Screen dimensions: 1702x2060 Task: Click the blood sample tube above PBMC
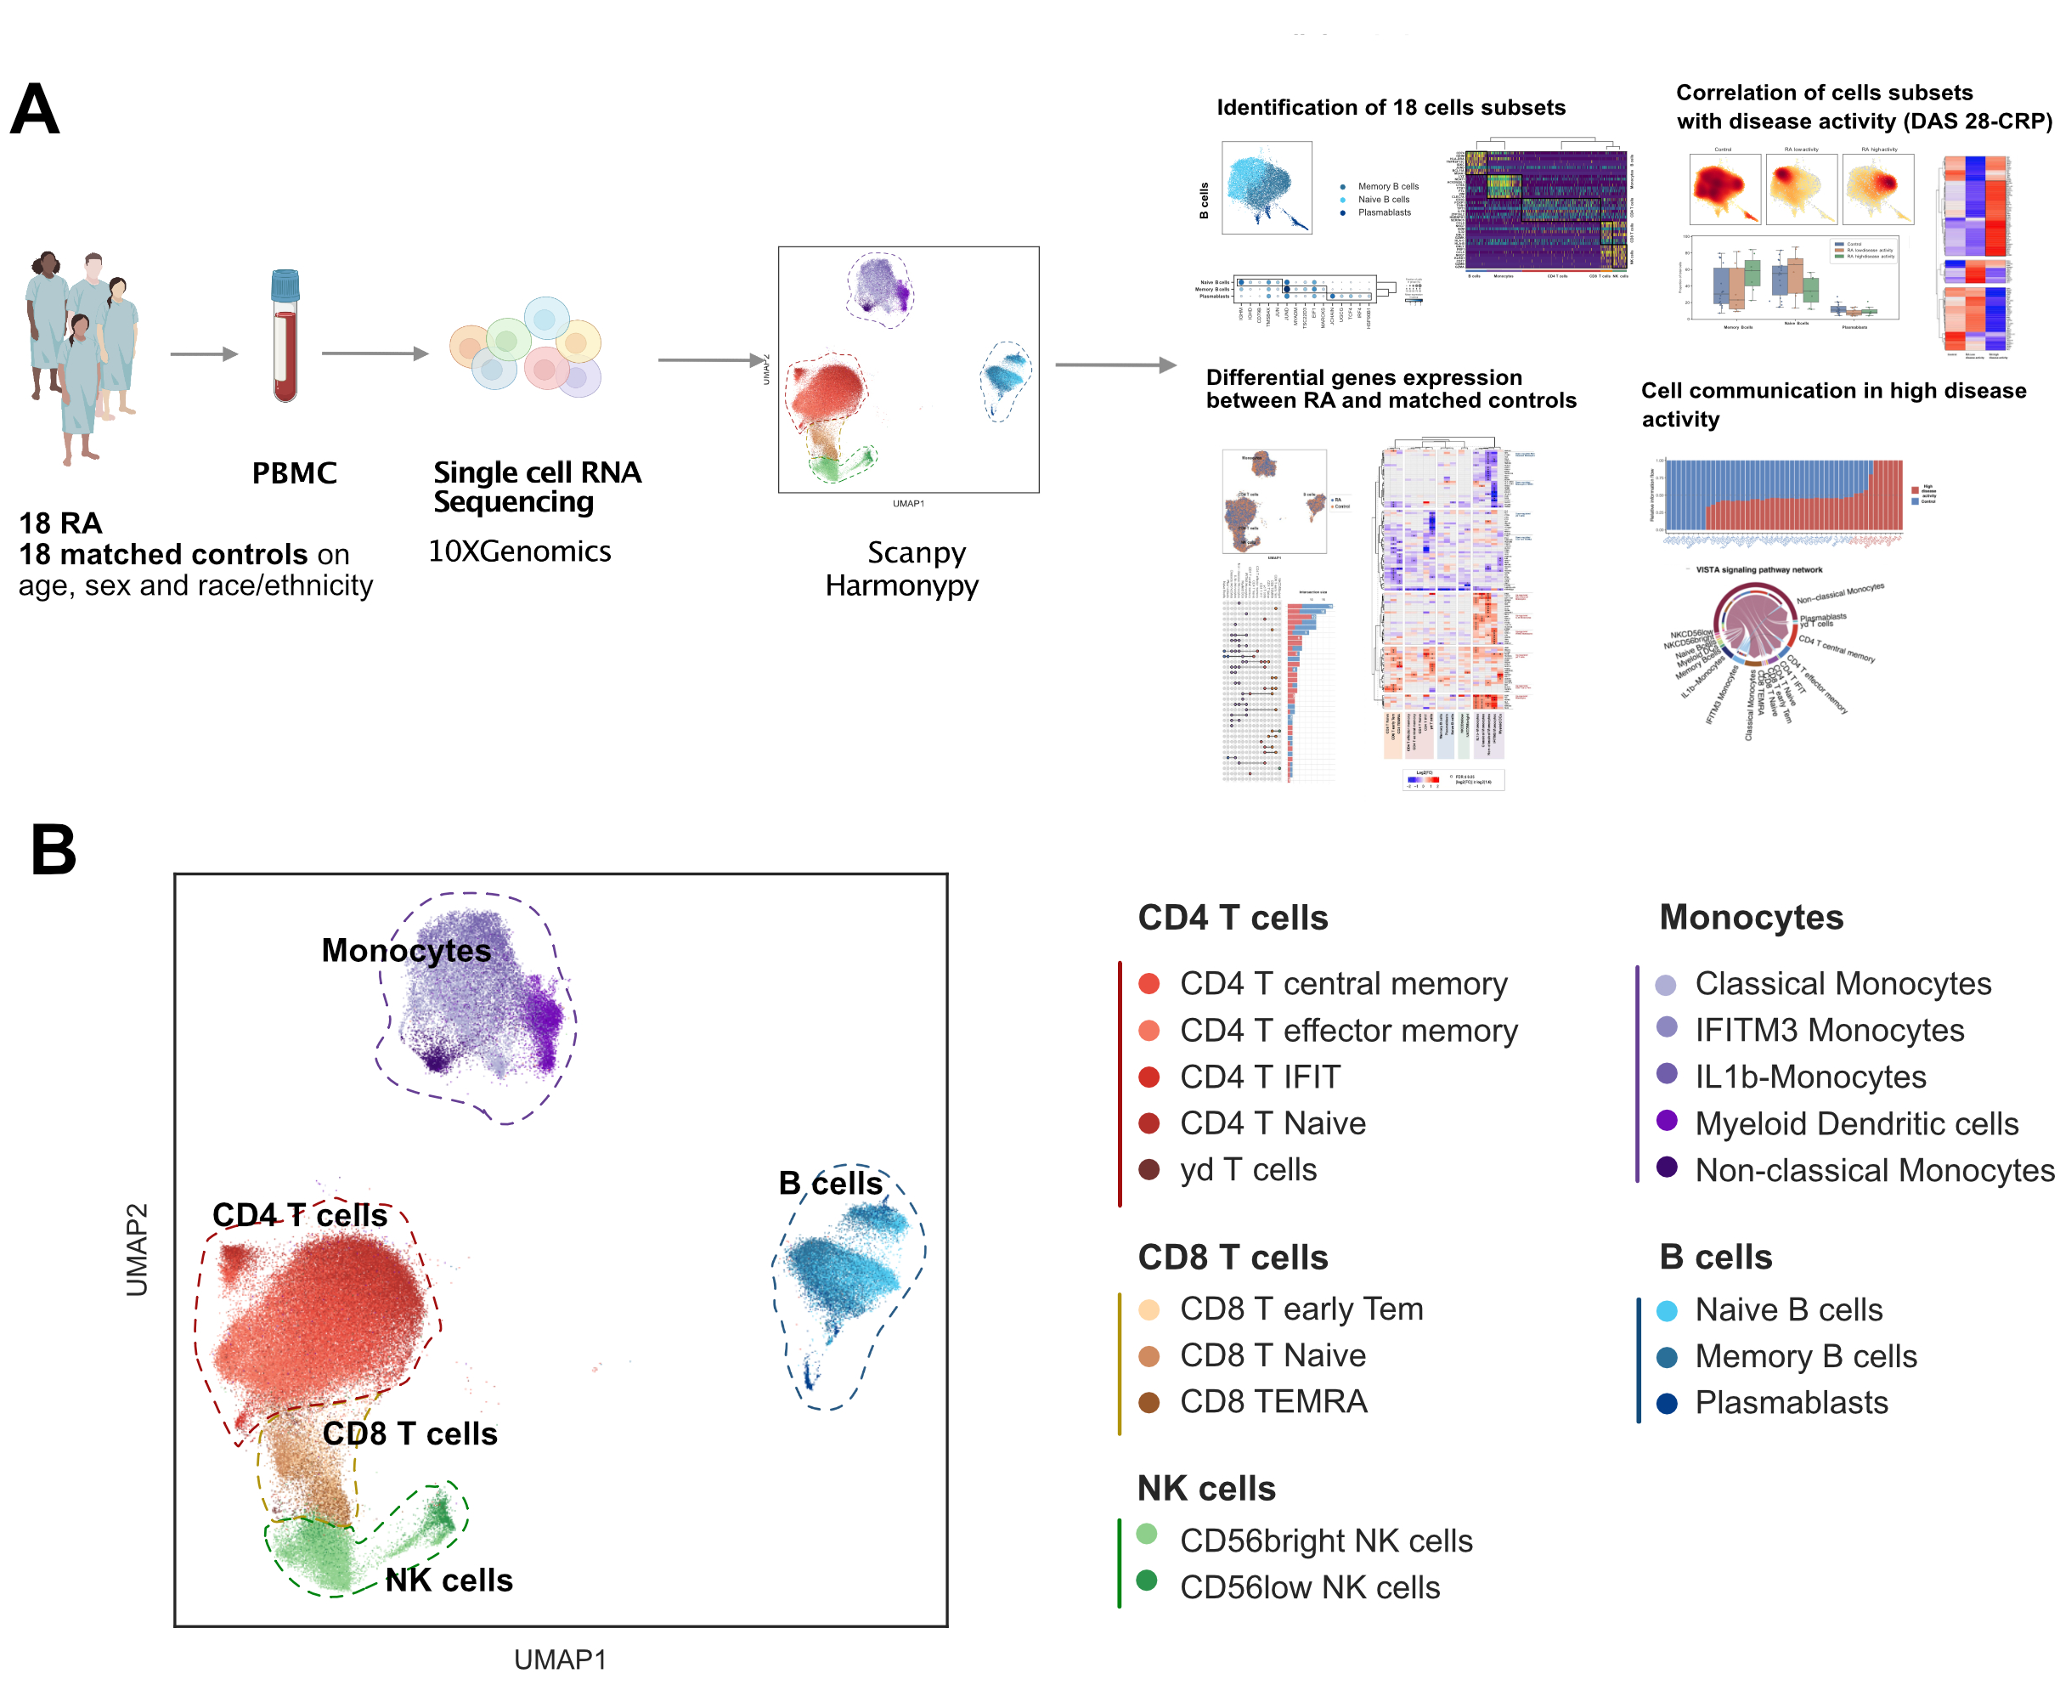point(285,336)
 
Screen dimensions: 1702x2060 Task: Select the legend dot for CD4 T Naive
point(1149,1123)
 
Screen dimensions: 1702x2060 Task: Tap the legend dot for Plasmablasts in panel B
point(1666,1403)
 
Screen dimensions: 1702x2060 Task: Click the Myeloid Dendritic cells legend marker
point(1666,1121)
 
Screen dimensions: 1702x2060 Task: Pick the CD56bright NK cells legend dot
point(1147,1535)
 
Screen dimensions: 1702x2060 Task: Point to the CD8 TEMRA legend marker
point(1149,1402)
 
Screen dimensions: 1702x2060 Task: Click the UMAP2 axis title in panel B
point(138,1250)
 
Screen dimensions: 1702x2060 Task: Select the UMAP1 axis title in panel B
point(560,1659)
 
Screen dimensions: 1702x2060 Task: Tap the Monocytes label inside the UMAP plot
point(406,950)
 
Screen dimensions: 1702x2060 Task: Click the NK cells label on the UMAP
point(449,1580)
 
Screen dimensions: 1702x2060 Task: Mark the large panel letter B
point(53,849)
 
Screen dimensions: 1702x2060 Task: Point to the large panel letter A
point(36,109)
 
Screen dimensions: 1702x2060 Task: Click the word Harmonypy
point(901,585)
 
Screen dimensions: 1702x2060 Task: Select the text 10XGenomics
point(519,551)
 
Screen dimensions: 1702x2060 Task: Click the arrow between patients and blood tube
point(204,354)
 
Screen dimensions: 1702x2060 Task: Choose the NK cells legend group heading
point(1206,1488)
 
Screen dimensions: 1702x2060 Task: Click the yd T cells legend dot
point(1149,1169)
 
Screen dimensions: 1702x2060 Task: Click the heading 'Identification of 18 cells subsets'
point(1391,108)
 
